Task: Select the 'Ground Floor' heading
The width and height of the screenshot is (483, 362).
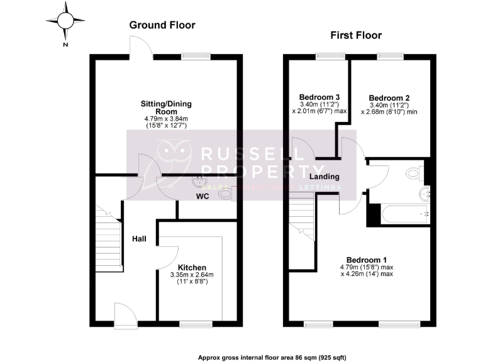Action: pyautogui.click(x=162, y=25)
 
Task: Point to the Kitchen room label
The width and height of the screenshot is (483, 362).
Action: pyautogui.click(x=192, y=267)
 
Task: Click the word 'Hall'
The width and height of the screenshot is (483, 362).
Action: pyautogui.click(x=140, y=239)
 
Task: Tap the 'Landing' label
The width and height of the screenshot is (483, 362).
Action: pyautogui.click(x=324, y=177)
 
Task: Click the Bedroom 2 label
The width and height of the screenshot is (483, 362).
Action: pyautogui.click(x=389, y=98)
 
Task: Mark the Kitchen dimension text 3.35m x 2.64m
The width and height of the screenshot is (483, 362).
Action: pyautogui.click(x=192, y=275)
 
